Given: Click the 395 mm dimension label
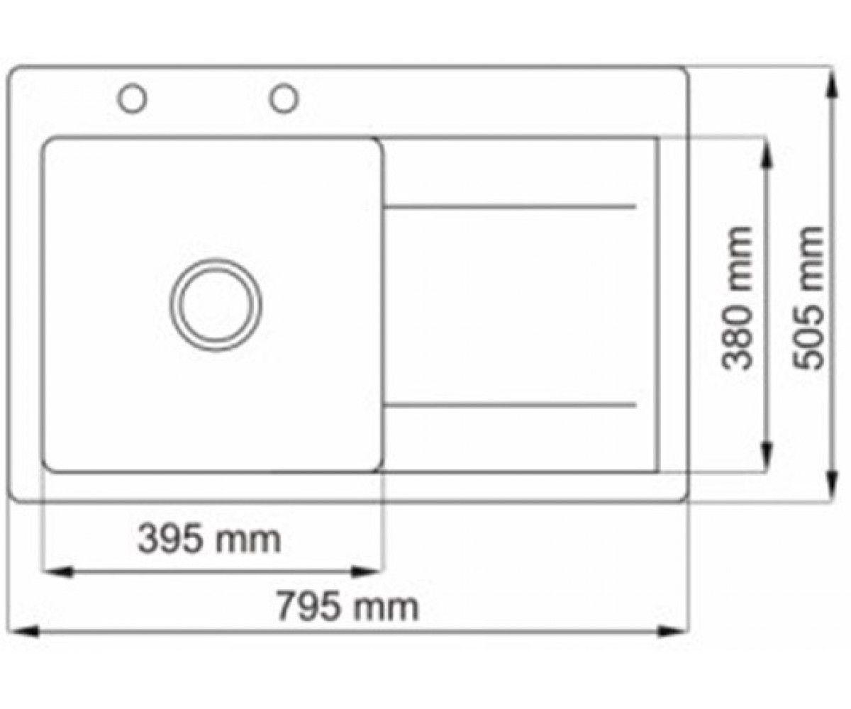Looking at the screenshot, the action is pyautogui.click(x=209, y=540).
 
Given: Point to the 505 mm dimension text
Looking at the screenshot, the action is pyautogui.click(x=808, y=298).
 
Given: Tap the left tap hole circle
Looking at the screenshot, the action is pyautogui.click(x=132, y=84).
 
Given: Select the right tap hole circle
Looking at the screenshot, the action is pyautogui.click(x=284, y=84).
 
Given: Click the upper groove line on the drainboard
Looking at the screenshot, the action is pyautogui.click(x=510, y=207).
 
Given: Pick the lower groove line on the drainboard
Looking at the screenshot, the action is pyautogui.click(x=510, y=405).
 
